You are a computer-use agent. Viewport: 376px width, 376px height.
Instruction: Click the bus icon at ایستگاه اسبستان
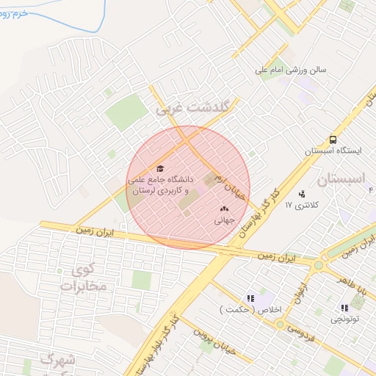click(334, 139)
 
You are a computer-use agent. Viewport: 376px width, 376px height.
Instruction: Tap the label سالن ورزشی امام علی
click(290, 70)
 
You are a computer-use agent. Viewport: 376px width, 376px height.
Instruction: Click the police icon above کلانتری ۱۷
click(302, 194)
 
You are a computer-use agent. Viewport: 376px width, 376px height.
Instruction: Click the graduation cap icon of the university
click(161, 168)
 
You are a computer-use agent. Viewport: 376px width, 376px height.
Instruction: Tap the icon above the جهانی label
click(224, 209)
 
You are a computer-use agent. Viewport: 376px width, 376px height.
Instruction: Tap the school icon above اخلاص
click(250, 298)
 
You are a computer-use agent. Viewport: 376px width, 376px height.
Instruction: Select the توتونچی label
click(345, 319)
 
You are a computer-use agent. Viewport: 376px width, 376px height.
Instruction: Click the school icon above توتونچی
click(344, 308)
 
